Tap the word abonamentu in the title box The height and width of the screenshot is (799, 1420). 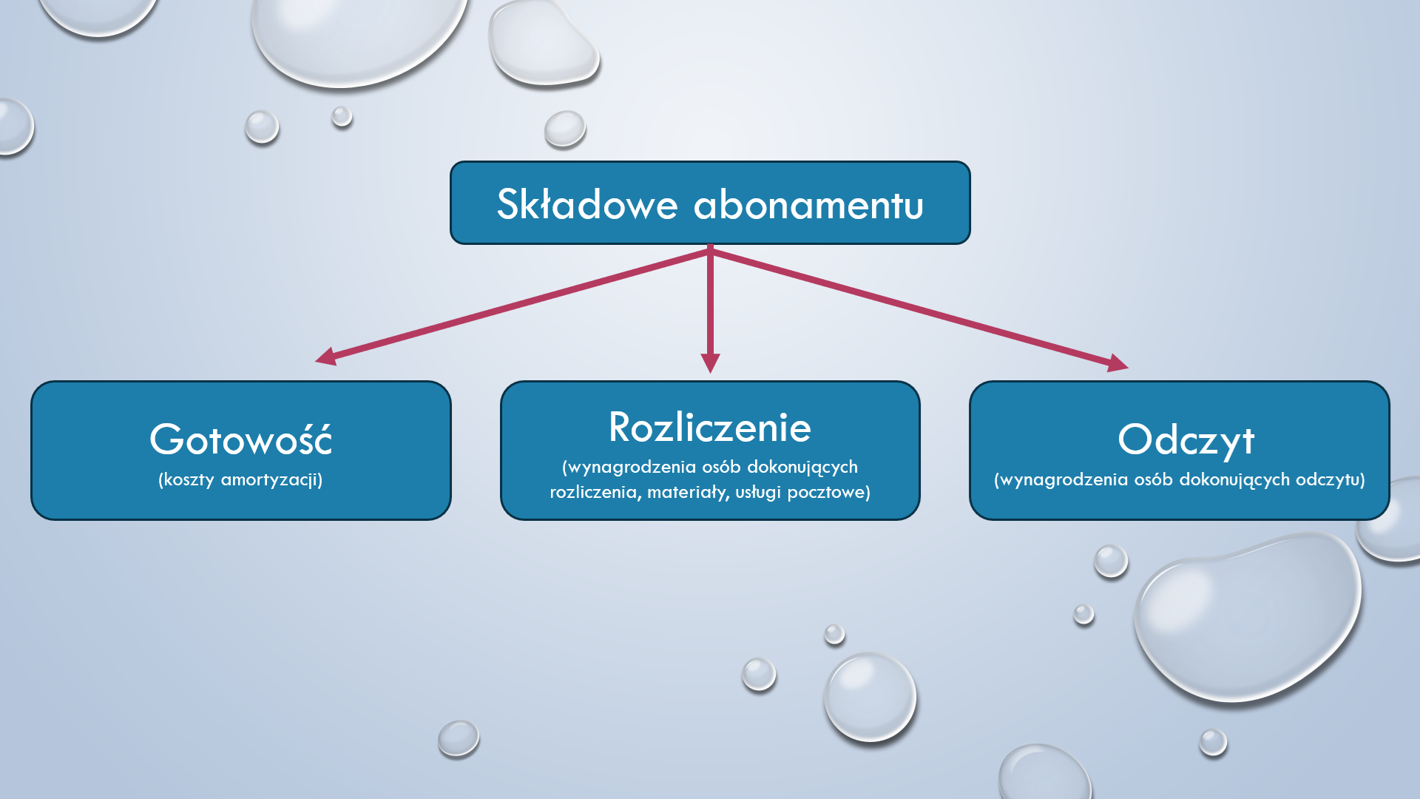[x=808, y=204]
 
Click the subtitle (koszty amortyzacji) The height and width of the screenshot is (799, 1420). [x=240, y=479]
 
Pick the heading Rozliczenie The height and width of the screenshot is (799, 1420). [x=710, y=427]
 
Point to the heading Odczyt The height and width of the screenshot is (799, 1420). [x=1186, y=440]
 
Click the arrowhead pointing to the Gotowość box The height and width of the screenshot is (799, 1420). [x=326, y=357]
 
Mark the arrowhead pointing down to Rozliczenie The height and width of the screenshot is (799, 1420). [x=710, y=363]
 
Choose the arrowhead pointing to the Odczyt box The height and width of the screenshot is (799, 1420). [x=1118, y=363]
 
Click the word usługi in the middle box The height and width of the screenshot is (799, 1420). [x=757, y=492]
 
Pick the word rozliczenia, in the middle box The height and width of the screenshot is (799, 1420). [x=595, y=492]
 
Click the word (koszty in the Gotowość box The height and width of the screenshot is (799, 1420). [x=186, y=479]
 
